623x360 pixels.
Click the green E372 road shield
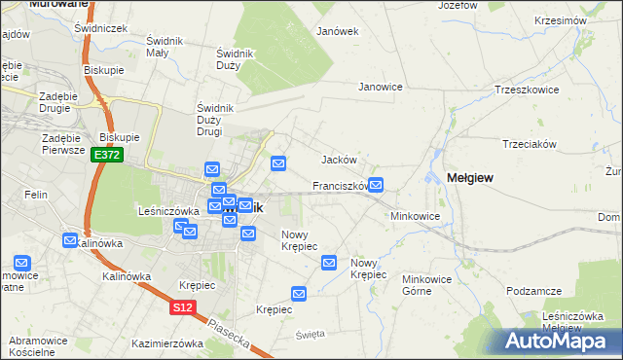[x=107, y=156]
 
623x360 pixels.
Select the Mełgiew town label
[x=469, y=177]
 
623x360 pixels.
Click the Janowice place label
[x=381, y=87]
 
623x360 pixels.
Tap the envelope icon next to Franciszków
[x=376, y=185]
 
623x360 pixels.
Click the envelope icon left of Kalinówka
[x=70, y=240]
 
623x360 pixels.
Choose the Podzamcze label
[x=534, y=291]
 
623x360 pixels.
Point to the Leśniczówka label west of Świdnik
[x=168, y=210]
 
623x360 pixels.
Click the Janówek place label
[x=338, y=31]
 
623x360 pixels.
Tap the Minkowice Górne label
[x=430, y=283]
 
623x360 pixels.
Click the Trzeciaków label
[x=529, y=143]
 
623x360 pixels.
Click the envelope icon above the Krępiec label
[x=300, y=293]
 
